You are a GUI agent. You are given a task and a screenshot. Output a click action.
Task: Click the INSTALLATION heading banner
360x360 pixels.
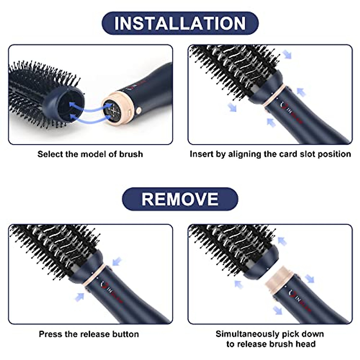pos(180,23)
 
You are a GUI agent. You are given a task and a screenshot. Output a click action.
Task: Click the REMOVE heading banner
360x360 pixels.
pos(180,199)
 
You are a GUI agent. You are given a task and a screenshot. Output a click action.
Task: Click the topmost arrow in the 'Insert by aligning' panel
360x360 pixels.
pos(287,54)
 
